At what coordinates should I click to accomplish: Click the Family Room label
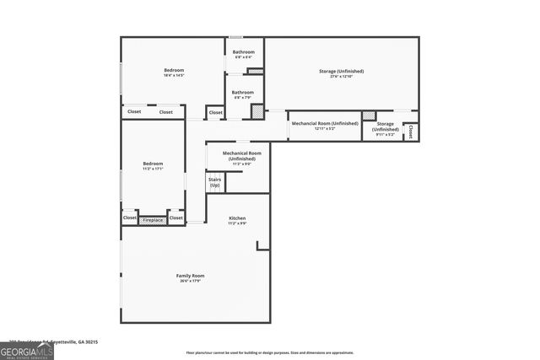tap(192, 276)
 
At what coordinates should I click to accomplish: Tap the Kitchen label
tap(237, 218)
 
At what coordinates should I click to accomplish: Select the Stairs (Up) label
tap(214, 182)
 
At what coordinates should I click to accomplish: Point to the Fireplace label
tap(153, 220)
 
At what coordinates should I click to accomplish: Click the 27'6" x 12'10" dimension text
tap(341, 77)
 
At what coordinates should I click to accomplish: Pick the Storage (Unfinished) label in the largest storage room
tap(341, 71)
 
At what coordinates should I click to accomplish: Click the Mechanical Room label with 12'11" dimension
tap(325, 124)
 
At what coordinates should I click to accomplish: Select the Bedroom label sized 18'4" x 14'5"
tap(174, 70)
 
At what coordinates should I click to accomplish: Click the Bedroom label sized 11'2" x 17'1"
tap(153, 164)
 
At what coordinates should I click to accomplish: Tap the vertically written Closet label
tap(411, 132)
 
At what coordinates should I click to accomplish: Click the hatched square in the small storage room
tap(368, 116)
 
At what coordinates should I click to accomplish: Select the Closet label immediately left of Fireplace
tap(130, 218)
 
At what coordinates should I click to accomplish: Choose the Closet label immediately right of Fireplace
tap(175, 218)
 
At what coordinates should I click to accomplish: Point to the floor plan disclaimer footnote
tap(269, 352)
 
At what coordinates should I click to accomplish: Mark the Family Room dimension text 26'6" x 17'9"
tap(192, 282)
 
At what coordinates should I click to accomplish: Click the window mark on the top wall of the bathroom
tap(236, 37)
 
